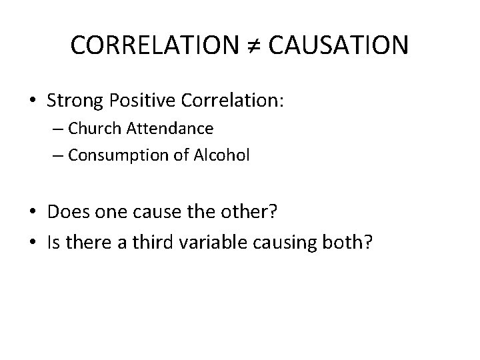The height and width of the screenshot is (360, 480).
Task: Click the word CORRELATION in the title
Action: [151, 45]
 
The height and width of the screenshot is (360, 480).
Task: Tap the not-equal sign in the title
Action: [249, 46]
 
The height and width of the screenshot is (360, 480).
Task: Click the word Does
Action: [66, 213]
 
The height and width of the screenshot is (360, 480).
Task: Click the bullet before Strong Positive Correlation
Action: [33, 102]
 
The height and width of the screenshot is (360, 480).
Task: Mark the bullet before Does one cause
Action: [33, 213]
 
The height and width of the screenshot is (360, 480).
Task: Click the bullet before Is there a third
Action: [33, 244]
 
